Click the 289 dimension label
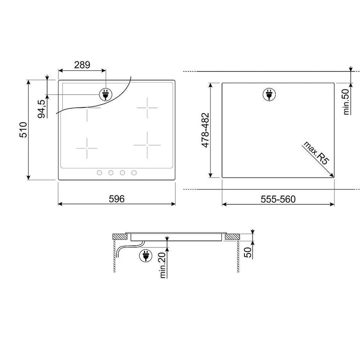(x=82, y=65)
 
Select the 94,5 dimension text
(x=41, y=109)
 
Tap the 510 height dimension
(x=23, y=130)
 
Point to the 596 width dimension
(x=117, y=199)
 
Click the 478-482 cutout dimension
(x=205, y=130)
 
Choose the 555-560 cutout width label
(x=278, y=199)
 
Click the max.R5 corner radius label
(x=316, y=153)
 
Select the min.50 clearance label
(x=346, y=102)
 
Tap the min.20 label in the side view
(x=163, y=265)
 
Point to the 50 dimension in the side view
(x=248, y=252)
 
